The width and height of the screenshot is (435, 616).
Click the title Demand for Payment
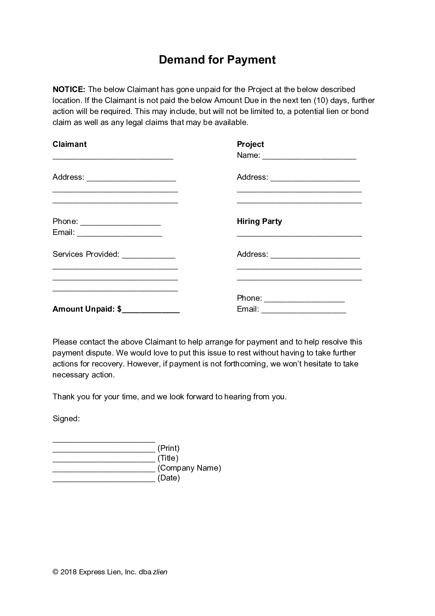[217, 60]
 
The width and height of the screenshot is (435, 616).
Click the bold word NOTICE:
[69, 90]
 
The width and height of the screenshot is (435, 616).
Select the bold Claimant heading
[70, 144]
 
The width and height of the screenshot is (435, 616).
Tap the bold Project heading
[250, 144]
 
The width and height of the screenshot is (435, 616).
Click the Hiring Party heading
[259, 221]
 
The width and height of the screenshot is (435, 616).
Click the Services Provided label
[86, 254]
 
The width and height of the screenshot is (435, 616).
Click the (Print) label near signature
[169, 448]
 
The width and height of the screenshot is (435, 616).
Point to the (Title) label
[168, 458]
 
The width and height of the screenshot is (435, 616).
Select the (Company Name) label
[189, 468]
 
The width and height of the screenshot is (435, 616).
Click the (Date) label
[169, 478]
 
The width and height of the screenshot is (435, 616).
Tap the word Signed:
[66, 419]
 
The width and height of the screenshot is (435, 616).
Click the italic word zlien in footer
[160, 572]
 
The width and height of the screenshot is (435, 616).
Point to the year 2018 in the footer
[68, 572]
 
